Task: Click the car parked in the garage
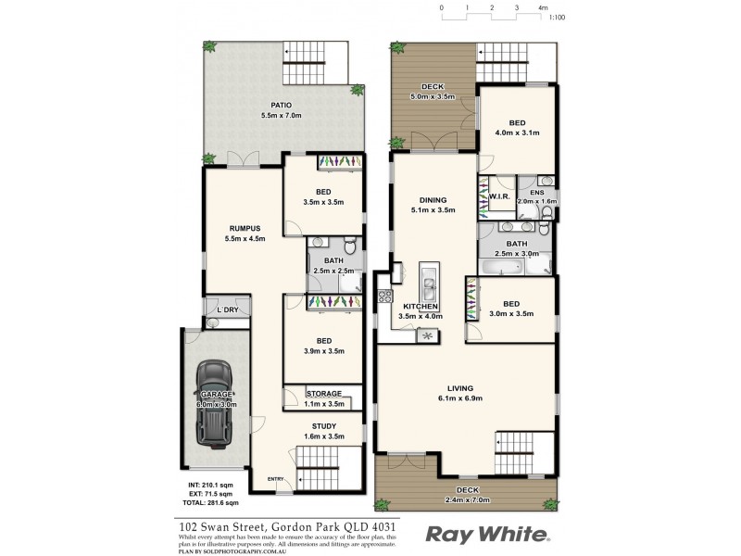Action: coord(216,404)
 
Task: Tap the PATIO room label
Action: coord(283,105)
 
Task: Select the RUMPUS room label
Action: coord(245,228)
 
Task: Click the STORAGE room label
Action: coord(324,393)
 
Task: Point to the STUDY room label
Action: coord(324,426)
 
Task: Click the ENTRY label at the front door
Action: coord(275,478)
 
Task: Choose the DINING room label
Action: coord(433,200)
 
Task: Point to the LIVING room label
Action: coord(459,389)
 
